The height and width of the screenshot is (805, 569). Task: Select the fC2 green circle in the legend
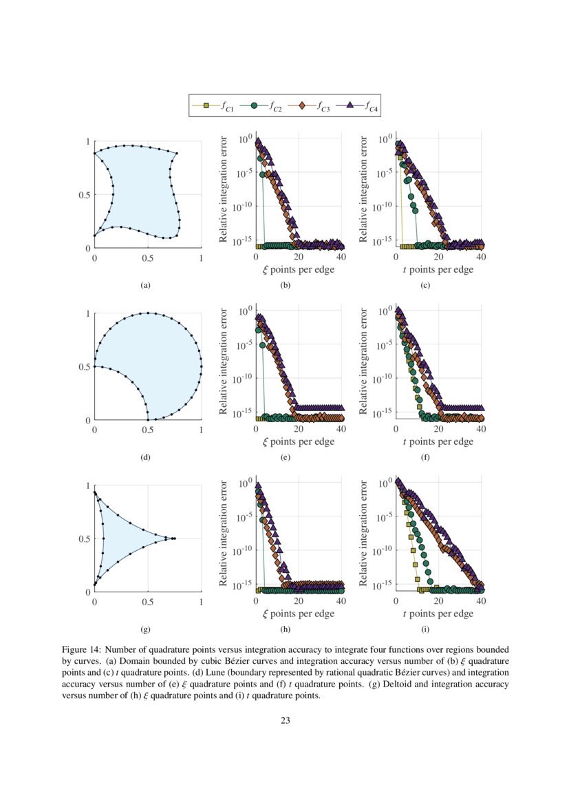(254, 105)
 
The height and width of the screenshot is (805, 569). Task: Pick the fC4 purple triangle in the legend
(349, 105)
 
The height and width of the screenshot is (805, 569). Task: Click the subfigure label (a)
(145, 284)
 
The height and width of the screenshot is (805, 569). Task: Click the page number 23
(285, 721)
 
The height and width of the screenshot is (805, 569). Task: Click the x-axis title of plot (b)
(299, 270)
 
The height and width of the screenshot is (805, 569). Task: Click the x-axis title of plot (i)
(438, 614)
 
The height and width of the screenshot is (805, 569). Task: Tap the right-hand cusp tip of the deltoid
(175, 539)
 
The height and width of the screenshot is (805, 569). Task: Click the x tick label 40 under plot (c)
(480, 257)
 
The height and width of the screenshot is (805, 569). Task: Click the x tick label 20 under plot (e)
(299, 429)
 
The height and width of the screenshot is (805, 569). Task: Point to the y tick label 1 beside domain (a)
(87, 142)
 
